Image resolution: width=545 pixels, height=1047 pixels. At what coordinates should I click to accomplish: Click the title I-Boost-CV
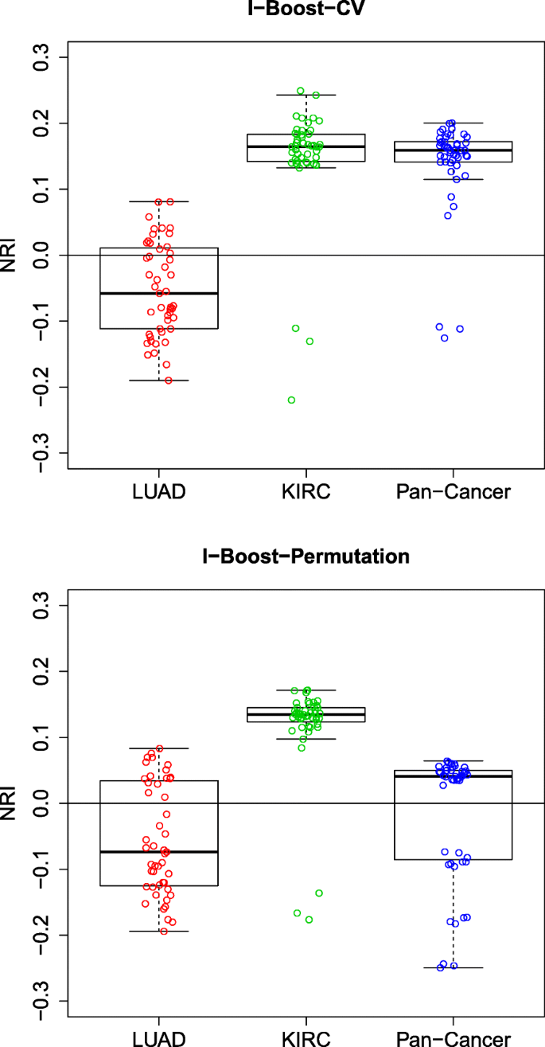tap(306, 6)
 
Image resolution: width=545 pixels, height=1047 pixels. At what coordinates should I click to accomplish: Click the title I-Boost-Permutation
tap(306, 556)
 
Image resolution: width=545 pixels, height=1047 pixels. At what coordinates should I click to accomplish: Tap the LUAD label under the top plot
tap(158, 491)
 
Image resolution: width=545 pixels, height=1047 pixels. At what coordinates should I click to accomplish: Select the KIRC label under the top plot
tap(306, 491)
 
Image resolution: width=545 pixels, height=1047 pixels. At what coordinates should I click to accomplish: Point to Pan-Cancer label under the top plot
tap(454, 491)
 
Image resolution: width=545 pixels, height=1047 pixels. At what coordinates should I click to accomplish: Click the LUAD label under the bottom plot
tap(158, 1038)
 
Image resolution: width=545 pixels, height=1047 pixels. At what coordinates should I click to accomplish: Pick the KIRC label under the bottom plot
tap(306, 1038)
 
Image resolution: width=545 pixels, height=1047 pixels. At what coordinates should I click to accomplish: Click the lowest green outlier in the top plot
tap(292, 400)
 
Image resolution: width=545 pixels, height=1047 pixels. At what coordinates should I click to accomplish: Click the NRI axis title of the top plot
tap(10, 255)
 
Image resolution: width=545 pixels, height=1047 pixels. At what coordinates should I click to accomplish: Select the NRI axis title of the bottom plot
tap(10, 803)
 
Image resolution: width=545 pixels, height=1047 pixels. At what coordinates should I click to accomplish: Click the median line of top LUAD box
tap(158, 293)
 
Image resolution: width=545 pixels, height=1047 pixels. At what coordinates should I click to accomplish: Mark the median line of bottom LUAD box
tap(158, 852)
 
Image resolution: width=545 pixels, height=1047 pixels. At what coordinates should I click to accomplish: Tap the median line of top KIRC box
tap(306, 147)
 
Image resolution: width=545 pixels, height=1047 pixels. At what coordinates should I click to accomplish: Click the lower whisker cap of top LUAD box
tap(158, 381)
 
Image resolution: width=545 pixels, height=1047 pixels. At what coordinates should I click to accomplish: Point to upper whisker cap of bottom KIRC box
tap(306, 690)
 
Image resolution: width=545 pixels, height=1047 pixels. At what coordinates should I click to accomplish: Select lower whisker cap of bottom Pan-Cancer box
tap(454, 967)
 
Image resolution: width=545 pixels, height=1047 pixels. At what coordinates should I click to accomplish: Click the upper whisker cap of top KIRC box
tap(306, 95)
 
